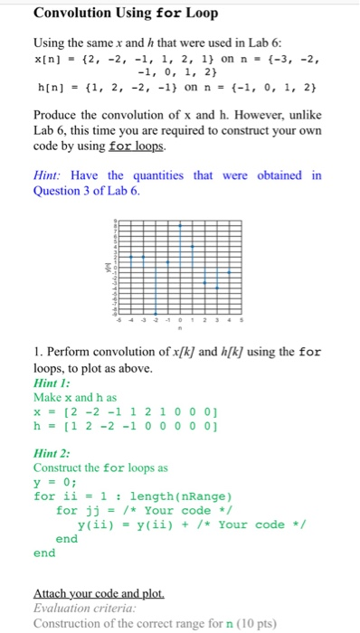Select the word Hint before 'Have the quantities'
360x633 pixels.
point(49,175)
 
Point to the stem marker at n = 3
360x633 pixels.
point(216,285)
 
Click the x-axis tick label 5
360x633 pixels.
point(241,318)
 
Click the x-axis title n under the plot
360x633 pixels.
point(179,327)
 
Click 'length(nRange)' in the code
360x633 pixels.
point(181,496)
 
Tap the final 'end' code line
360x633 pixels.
point(44,553)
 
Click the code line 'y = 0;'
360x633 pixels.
point(54,482)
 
